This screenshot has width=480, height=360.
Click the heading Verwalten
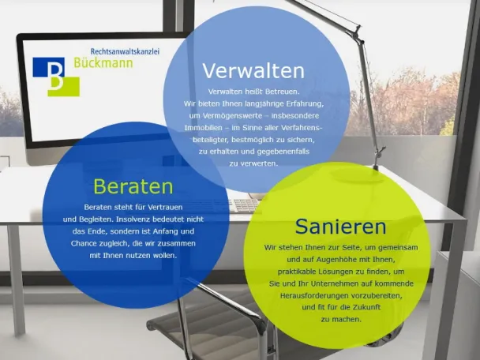(253, 71)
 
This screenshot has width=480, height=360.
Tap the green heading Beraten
(133, 186)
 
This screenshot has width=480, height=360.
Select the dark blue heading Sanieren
(341, 227)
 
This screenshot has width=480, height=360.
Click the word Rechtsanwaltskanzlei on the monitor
(125, 52)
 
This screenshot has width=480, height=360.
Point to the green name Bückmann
(103, 62)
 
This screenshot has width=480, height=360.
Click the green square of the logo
(64, 87)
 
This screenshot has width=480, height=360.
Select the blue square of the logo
(49, 67)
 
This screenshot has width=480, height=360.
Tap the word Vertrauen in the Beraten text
(165, 208)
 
